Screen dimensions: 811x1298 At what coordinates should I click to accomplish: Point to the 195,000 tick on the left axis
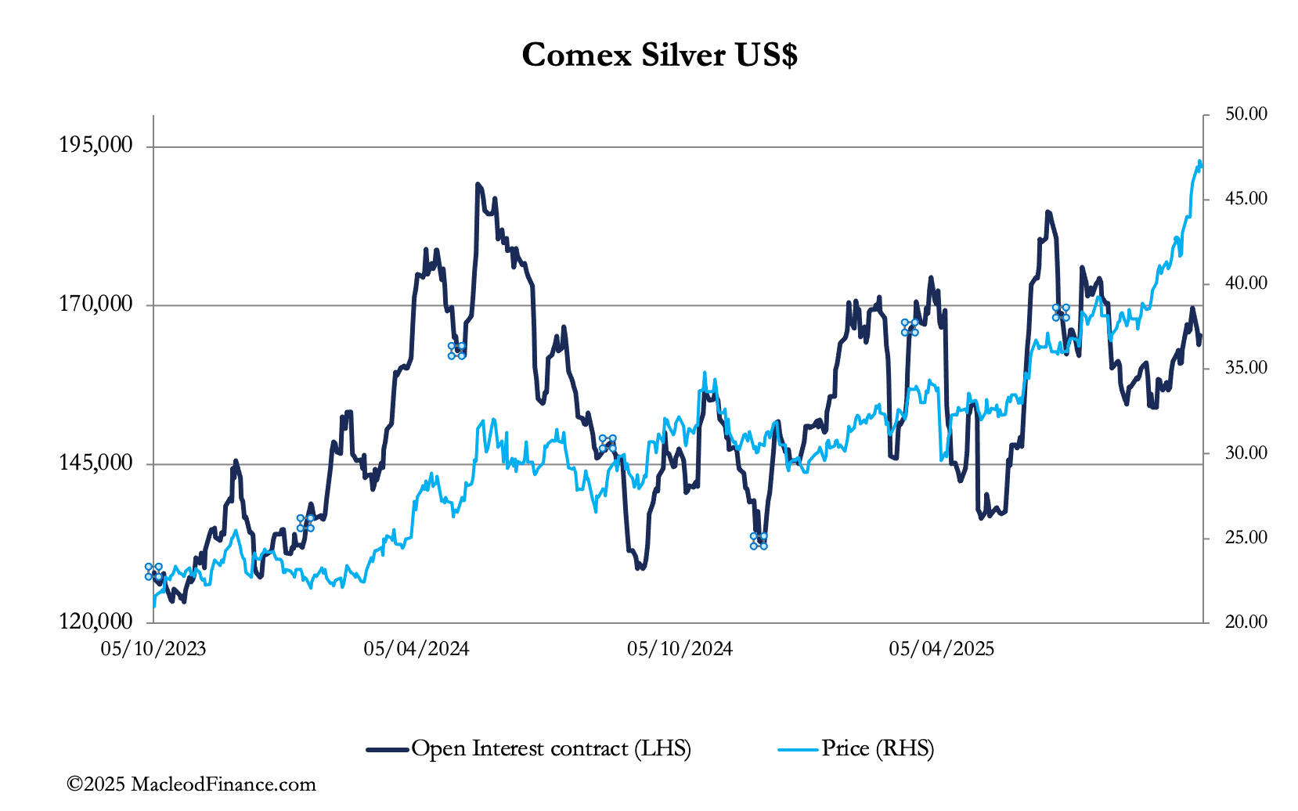pos(96,145)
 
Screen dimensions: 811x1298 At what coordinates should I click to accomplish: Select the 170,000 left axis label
pos(96,304)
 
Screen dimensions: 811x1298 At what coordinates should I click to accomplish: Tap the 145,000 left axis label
pos(96,463)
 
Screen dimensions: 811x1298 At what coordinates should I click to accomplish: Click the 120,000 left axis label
pos(96,622)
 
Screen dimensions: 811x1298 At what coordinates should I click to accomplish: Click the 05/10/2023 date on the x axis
pos(153,649)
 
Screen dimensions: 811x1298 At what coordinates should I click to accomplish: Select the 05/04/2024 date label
pos(416,649)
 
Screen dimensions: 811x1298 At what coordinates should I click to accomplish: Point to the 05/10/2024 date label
pos(680,649)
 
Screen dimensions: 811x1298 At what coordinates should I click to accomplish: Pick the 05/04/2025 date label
pos(942,649)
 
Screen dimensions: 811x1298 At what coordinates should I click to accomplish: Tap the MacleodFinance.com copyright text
pos(191,784)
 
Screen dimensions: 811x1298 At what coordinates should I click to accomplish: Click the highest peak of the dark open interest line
pos(477,185)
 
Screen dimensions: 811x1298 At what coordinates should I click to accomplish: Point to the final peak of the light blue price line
pos(1199,162)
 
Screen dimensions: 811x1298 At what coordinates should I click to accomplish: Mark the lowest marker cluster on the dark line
pos(759,541)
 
